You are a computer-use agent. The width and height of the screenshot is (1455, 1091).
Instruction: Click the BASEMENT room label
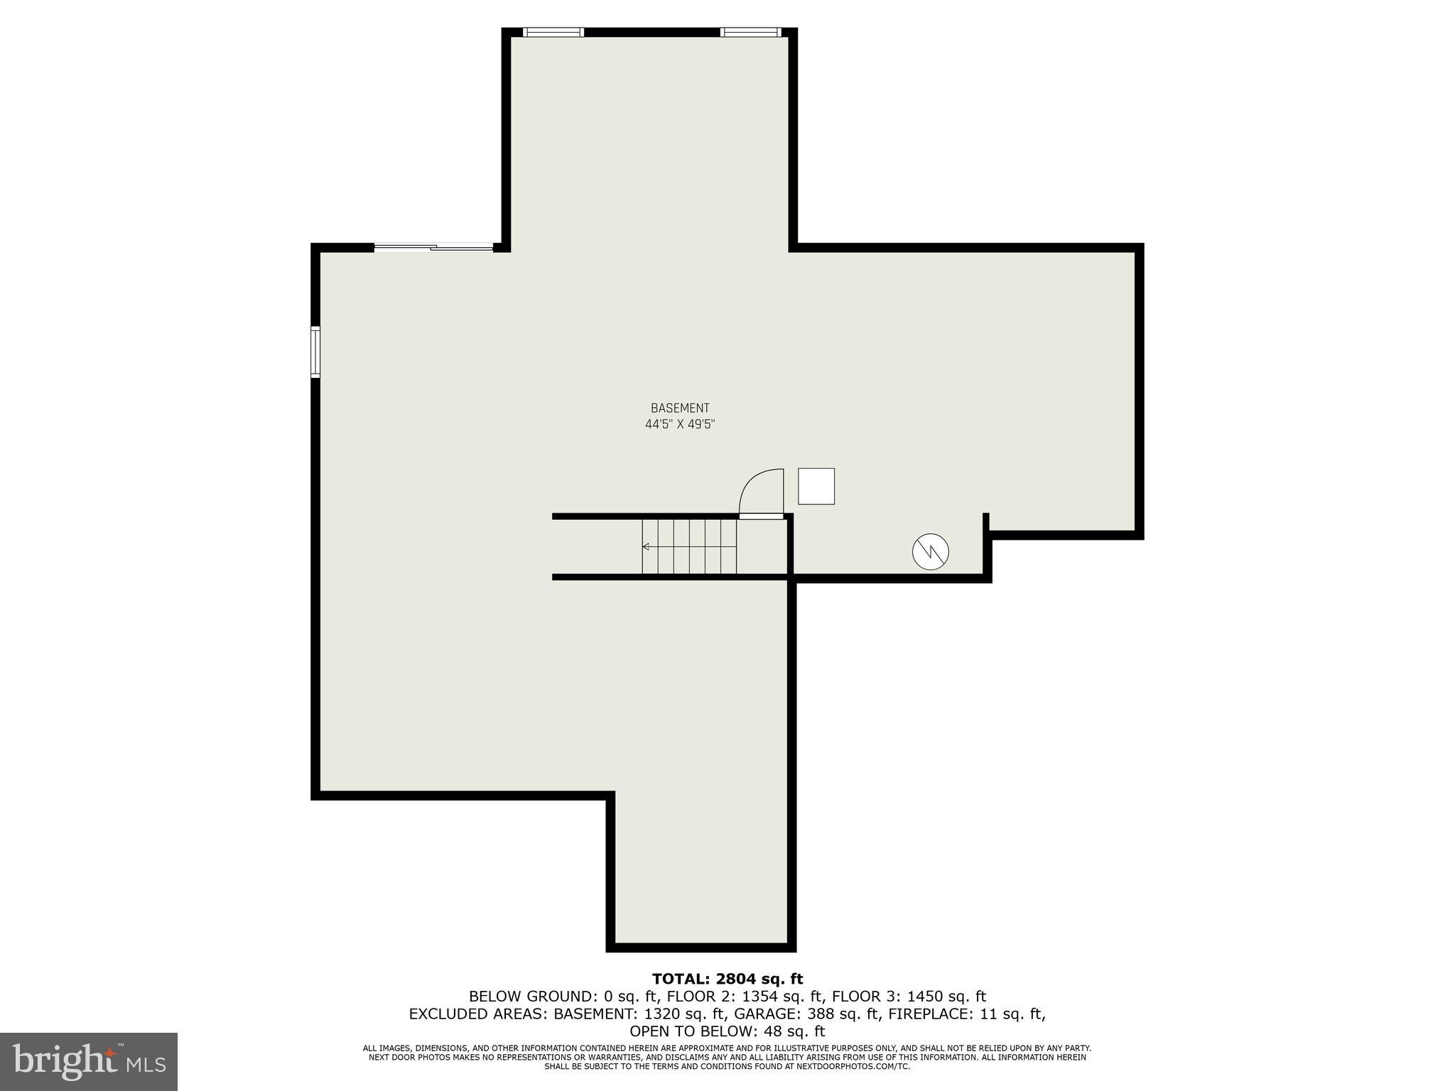680,408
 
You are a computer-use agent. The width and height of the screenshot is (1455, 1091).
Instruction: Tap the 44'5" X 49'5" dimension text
680,425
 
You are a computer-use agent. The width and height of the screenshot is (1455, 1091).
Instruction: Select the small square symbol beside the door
816,487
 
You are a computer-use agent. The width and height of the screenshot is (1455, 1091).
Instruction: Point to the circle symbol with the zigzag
930,551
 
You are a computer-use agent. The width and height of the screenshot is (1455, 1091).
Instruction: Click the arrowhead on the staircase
646,546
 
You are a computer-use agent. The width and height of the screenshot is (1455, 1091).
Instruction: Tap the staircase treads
689,546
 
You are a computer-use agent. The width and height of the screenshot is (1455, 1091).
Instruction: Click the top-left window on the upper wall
553,32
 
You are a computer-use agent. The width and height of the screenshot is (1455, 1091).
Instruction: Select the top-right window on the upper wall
750,32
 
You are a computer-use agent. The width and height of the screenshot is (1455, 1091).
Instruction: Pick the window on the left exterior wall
315,352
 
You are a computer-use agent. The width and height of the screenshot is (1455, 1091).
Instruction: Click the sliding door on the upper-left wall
433,247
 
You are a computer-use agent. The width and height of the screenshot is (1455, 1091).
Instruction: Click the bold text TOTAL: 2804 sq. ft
727,979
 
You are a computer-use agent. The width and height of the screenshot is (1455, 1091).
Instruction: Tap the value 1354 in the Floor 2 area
758,997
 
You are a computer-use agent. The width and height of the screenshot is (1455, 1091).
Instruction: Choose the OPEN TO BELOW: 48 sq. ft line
727,1031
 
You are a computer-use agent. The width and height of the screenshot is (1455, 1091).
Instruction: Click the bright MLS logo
89,1061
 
